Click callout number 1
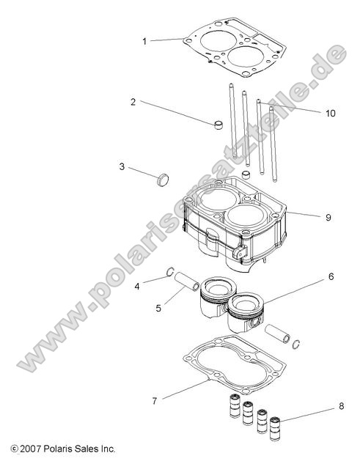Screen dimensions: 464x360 (144, 41)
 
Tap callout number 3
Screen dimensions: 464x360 (122, 166)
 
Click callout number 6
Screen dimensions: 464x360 (331, 277)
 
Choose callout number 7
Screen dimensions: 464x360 (154, 401)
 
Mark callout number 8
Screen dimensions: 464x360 (341, 405)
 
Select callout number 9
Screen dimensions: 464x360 (328, 217)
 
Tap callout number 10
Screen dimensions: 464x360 (330, 113)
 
